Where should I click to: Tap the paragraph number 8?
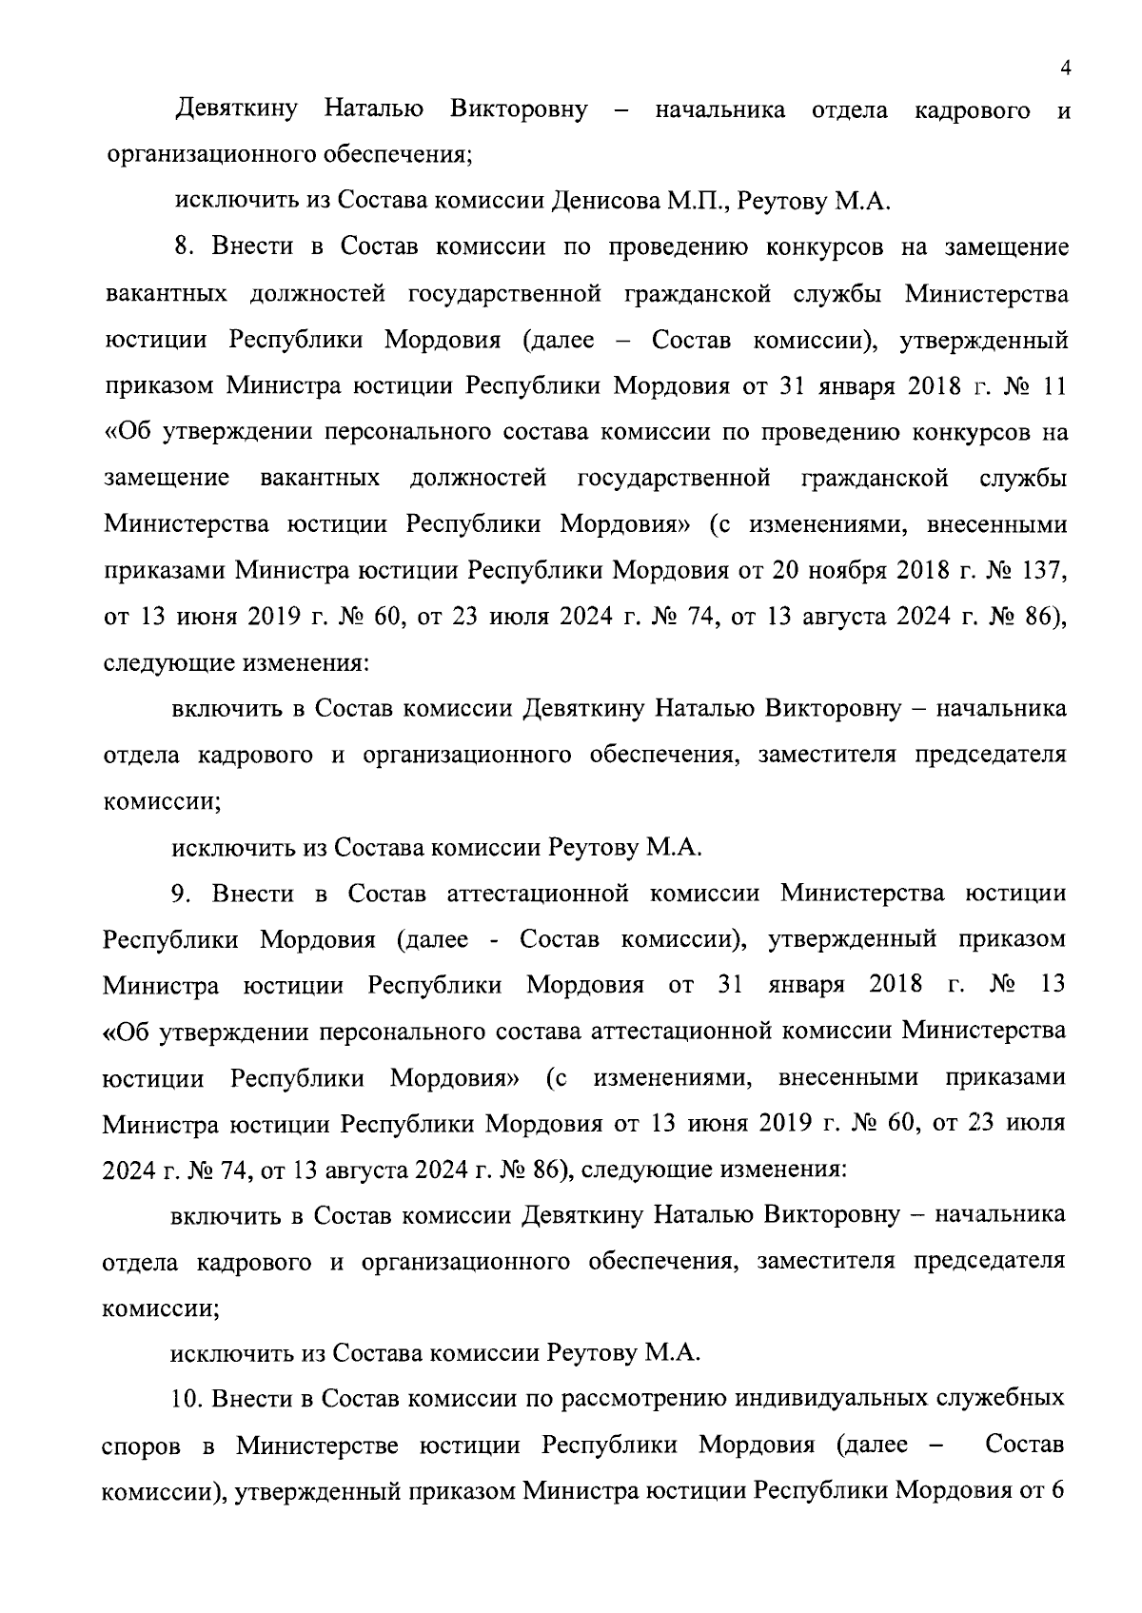(x=183, y=247)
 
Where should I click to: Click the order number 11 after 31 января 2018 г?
(x=1053, y=386)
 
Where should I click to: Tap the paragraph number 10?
(x=187, y=1399)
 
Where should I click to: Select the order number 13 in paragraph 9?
(x=1053, y=984)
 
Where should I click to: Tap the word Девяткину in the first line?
(x=237, y=110)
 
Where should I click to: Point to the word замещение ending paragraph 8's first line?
(x=1006, y=247)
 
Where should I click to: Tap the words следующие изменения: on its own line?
(x=234, y=661)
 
